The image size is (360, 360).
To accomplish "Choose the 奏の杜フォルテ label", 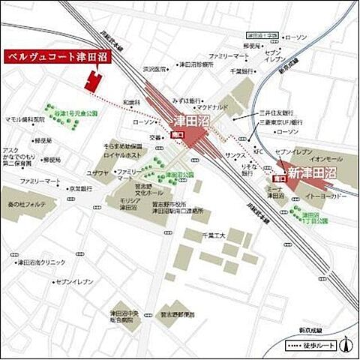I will click(x=28, y=204).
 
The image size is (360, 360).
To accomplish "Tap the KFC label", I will click(x=259, y=151).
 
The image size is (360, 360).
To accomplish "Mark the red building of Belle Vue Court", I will click(x=93, y=81).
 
